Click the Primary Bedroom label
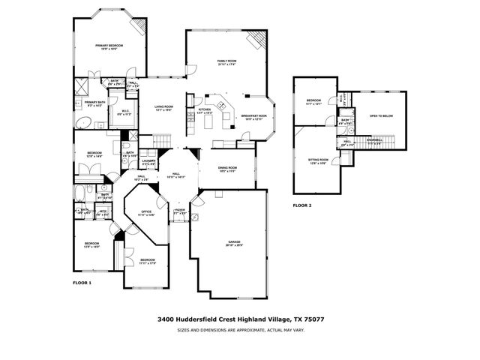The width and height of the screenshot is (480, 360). point(109,46)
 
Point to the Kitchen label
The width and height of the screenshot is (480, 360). point(205,109)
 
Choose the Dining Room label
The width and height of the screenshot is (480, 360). point(227,168)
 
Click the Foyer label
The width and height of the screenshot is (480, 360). point(180,211)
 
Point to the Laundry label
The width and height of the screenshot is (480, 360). point(148,160)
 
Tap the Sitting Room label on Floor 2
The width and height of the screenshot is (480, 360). point(317,160)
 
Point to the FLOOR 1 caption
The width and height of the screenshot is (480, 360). point(82,283)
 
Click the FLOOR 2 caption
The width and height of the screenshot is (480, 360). point(301,205)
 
